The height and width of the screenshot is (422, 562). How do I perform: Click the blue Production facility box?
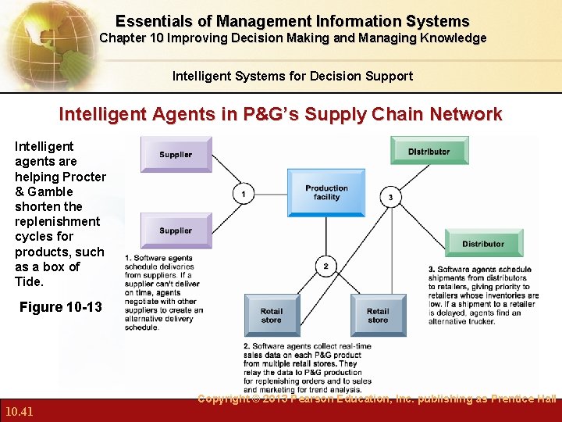coord(325,192)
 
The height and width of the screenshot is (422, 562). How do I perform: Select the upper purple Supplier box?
coord(176,154)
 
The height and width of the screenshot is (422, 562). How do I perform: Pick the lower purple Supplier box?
coord(176,231)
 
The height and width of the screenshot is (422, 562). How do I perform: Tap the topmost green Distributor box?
coord(429,151)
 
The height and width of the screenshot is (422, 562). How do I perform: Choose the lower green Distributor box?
coord(483,243)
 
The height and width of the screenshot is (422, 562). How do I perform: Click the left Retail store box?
coord(272,315)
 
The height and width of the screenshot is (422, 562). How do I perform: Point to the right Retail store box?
coord(378,315)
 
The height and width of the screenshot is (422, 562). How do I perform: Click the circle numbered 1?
coord(244,193)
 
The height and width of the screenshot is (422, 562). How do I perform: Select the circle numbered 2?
coord(326,266)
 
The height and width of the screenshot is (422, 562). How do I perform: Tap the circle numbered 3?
coord(391,197)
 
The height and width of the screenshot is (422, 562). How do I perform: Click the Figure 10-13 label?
coord(60,307)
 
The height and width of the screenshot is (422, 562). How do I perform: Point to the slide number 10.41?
coord(18,411)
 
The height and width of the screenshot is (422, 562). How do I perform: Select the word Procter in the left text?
coord(83,177)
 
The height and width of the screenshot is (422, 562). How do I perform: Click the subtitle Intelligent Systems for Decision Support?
coord(293,76)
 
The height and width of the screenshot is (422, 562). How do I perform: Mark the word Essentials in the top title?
coord(152,21)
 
